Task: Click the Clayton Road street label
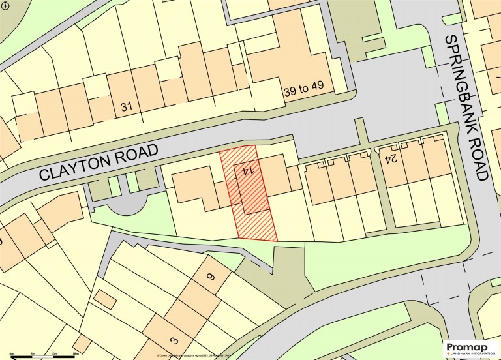click(99, 164)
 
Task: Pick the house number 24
click(391, 157)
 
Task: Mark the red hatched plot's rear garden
click(256, 226)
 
